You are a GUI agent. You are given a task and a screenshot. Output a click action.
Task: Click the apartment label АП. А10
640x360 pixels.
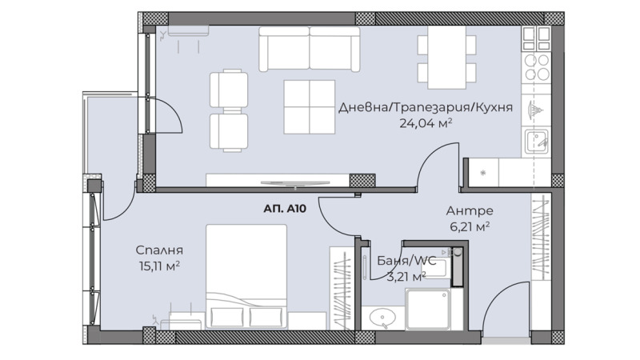[285, 209]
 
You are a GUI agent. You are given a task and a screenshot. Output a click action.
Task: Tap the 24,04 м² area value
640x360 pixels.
[426, 123]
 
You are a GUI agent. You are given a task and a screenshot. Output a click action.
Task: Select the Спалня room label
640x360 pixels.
[159, 250]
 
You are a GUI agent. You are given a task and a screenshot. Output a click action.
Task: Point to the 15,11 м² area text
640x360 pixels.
[159, 266]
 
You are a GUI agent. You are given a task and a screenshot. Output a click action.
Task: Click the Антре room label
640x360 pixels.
[470, 210]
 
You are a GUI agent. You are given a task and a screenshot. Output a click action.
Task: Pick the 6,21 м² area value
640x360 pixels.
[470, 226]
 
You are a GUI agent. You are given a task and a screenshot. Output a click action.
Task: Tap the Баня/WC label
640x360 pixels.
[406, 261]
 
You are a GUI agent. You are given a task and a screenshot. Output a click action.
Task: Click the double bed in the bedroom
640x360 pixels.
[246, 276]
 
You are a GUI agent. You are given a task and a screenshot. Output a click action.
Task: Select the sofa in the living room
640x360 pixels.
[310, 49]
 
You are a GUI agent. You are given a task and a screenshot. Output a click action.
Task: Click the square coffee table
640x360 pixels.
[310, 107]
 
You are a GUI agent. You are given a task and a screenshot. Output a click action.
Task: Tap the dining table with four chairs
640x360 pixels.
[446, 57]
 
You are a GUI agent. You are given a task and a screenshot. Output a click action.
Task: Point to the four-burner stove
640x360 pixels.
[537, 67]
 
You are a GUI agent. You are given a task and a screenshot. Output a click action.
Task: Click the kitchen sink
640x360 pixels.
[536, 142]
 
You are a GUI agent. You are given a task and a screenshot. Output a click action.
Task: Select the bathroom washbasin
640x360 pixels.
[382, 318]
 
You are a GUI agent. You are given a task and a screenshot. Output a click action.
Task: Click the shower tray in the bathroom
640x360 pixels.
[428, 309]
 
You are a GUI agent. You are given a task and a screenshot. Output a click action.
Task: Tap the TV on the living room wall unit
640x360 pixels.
[295, 183]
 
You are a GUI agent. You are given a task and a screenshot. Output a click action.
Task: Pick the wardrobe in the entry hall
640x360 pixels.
[541, 238]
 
